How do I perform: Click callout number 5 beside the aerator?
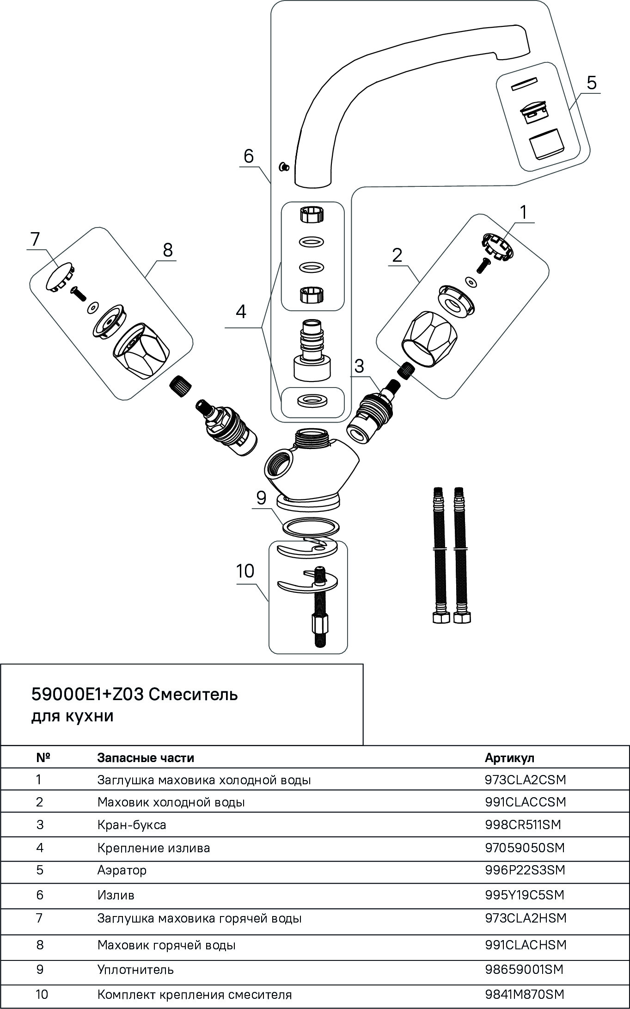(591, 83)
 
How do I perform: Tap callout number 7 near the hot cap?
(35, 240)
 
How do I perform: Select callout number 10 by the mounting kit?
(245, 572)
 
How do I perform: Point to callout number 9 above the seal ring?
(261, 498)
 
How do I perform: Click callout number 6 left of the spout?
(249, 157)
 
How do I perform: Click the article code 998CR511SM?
(523, 824)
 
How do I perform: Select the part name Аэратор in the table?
(122, 870)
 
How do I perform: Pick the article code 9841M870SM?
(525, 994)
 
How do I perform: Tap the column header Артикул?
(509, 758)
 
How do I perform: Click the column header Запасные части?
(146, 758)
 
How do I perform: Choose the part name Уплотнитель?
(135, 969)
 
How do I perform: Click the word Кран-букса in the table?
(132, 824)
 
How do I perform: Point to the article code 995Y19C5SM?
(525, 895)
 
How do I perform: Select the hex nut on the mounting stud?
(319, 624)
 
